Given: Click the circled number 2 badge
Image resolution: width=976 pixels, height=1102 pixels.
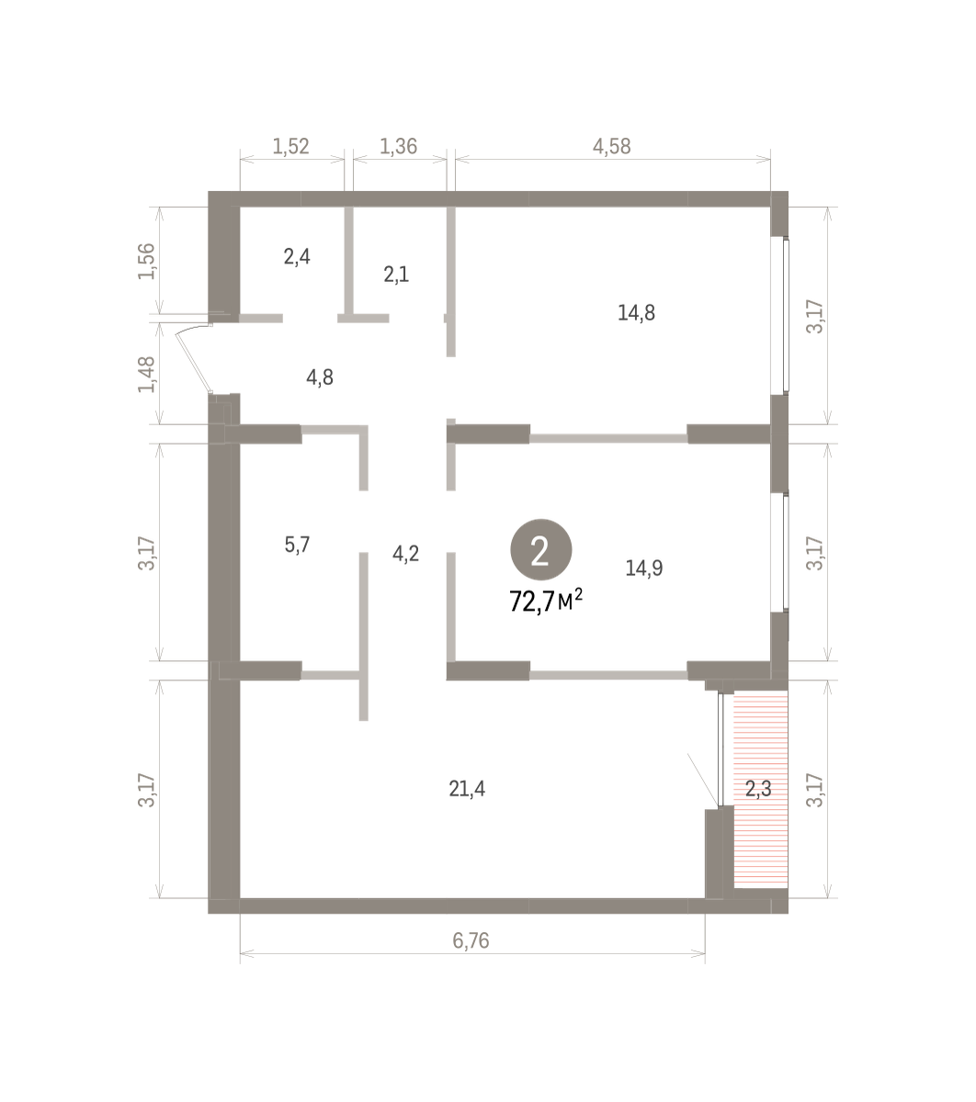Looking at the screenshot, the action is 540,549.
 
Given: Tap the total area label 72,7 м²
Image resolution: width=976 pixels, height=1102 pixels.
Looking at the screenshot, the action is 546,601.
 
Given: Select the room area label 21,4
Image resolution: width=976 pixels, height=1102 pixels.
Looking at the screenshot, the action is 467,789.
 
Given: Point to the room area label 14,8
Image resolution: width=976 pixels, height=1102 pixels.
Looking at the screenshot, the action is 636,313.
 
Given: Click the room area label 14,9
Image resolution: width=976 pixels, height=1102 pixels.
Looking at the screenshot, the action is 644,568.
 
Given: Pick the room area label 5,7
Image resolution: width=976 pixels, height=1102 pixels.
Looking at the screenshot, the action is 297,545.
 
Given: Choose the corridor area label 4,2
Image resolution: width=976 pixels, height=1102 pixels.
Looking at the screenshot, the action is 406,554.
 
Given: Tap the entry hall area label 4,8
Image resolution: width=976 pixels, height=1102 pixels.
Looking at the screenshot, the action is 320,377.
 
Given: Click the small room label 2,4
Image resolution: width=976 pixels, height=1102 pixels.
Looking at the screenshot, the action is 297,256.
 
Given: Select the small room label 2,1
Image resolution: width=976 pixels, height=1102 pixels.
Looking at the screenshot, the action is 396,275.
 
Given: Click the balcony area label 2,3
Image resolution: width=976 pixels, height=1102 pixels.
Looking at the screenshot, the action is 758,789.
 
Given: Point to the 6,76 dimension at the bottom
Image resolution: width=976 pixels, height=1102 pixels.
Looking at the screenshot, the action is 471,940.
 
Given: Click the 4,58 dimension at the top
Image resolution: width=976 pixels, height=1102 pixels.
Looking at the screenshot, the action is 612,146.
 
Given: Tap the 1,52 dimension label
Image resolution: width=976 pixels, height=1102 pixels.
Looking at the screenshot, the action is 290,146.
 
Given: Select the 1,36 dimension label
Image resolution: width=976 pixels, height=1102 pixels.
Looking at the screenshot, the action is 399,146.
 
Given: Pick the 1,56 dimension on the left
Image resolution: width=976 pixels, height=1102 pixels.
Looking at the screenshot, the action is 146,262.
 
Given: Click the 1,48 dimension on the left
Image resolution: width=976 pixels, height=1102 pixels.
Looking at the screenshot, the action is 146,375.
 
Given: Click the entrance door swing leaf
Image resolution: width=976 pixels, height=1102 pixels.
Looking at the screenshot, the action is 193,360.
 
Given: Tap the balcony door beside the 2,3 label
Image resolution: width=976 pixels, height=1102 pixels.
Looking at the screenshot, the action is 721,749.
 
